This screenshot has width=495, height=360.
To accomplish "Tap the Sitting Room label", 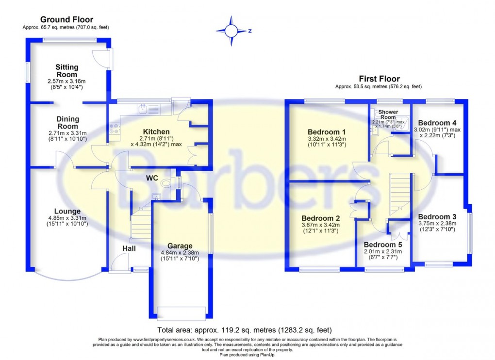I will (66, 71).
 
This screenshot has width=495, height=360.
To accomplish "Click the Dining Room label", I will (67, 123).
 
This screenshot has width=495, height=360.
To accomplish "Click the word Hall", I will (129, 248).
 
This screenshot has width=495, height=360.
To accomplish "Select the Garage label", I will (180, 245).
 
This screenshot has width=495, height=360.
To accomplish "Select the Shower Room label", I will (388, 115).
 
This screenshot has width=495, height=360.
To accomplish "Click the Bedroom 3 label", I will (437, 216).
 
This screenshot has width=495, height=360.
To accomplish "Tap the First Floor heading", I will (379, 79).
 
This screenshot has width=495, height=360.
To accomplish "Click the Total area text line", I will (244, 330).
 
